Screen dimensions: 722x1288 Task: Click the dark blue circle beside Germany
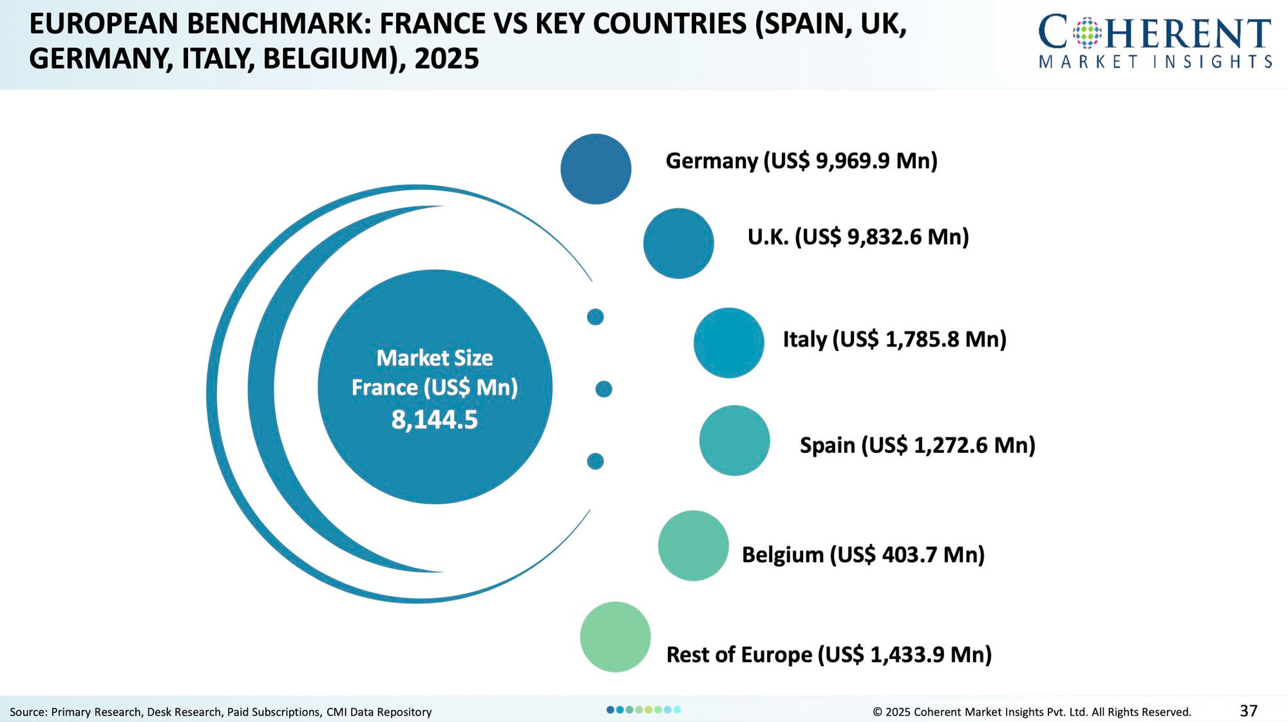pyautogui.click(x=596, y=169)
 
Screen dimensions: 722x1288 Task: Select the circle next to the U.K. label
pyautogui.click(x=678, y=243)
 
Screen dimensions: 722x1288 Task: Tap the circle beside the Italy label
pyautogui.click(x=728, y=343)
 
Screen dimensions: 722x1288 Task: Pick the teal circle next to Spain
pyautogui.click(x=734, y=441)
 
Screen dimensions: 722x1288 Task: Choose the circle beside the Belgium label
pyautogui.click(x=693, y=546)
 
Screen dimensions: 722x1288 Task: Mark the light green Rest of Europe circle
pyautogui.click(x=615, y=637)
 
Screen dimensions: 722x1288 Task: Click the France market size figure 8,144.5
pyautogui.click(x=435, y=420)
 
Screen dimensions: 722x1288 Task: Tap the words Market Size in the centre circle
pyautogui.click(x=435, y=358)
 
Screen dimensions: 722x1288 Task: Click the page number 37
pyautogui.click(x=1248, y=711)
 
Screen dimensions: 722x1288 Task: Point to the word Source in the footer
pyautogui.click(x=26, y=712)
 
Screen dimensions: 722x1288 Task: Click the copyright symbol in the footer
pyautogui.click(x=876, y=712)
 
